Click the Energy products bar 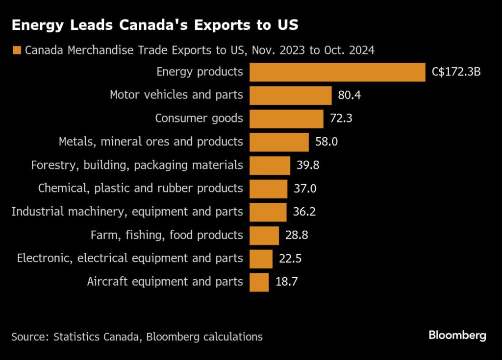point(337,72)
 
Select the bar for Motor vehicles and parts point(290,95)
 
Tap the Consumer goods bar point(286,119)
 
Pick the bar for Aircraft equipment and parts point(259,282)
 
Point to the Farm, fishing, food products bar point(264,236)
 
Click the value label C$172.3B point(456,72)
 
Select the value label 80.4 point(350,95)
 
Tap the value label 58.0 point(326,142)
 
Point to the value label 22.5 point(290,259)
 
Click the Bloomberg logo point(457,336)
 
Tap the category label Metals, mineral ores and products point(151,142)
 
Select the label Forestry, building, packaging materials point(137,165)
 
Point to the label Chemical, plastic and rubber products point(140,189)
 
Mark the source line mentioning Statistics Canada point(137,337)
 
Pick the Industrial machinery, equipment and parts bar point(268,212)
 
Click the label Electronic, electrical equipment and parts point(130,259)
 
